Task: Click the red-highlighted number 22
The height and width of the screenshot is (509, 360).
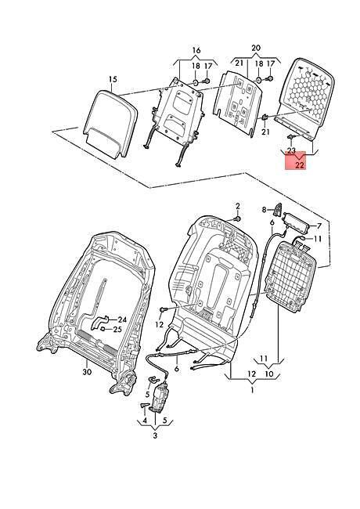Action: pyautogui.click(x=300, y=165)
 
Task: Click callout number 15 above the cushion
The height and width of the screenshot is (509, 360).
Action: pyautogui.click(x=113, y=79)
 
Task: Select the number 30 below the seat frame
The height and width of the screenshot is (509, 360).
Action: pyautogui.click(x=87, y=372)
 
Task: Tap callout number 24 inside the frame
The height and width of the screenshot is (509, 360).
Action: pyautogui.click(x=122, y=319)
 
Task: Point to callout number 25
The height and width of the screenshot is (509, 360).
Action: pyautogui.click(x=117, y=330)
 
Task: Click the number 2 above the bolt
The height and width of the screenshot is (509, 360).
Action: pyautogui.click(x=238, y=206)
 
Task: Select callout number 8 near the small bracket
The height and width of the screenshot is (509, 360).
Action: pyautogui.click(x=265, y=210)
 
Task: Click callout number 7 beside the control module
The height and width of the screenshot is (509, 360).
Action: pyautogui.click(x=319, y=226)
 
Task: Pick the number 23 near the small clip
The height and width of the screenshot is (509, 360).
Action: pyautogui.click(x=291, y=150)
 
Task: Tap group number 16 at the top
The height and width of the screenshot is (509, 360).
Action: pyautogui.click(x=196, y=50)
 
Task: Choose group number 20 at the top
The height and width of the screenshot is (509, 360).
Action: pyautogui.click(x=256, y=48)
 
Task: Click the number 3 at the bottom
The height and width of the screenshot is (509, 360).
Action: pyautogui.click(x=155, y=435)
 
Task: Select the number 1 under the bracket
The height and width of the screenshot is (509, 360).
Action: pyautogui.click(x=253, y=390)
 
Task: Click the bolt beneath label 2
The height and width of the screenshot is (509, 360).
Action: pyautogui.click(x=236, y=219)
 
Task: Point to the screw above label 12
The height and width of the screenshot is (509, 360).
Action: pyautogui.click(x=162, y=310)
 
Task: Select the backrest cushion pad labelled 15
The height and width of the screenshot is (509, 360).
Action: pyautogui.click(x=109, y=123)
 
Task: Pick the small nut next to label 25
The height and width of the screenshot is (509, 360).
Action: pyautogui.click(x=103, y=329)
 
